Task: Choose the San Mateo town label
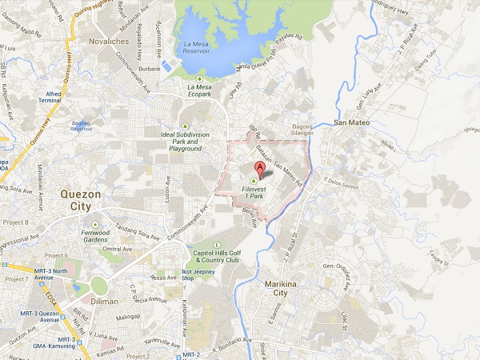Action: [x=350, y=123]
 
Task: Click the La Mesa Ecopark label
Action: [x=199, y=87]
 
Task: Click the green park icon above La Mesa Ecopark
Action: [x=199, y=78]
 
